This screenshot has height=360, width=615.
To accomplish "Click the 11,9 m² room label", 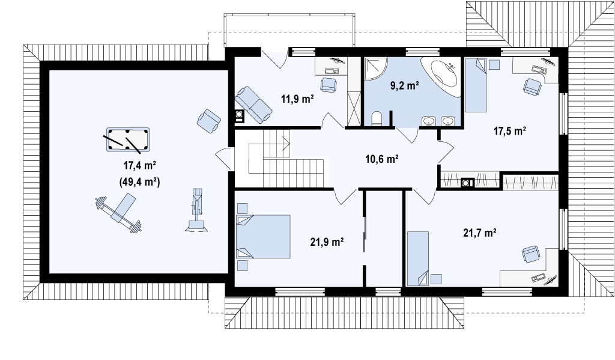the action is pyautogui.click(x=297, y=99).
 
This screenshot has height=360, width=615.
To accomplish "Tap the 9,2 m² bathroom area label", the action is pyautogui.click(x=405, y=85).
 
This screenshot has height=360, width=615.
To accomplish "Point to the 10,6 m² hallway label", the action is pyautogui.click(x=382, y=159).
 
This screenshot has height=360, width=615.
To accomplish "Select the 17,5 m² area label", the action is pyautogui.click(x=509, y=131).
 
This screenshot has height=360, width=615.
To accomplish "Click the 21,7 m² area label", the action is pyautogui.click(x=480, y=233).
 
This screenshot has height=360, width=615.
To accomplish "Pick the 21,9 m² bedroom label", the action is pyautogui.click(x=327, y=242).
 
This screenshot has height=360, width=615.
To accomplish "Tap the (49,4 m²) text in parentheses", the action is pyautogui.click(x=139, y=182).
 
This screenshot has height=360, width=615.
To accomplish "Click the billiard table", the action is pyautogui.click(x=129, y=139).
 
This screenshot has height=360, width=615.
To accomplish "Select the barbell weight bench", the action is pyautogui.click(x=119, y=212).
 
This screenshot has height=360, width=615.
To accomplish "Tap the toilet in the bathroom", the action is pyautogui.click(x=377, y=119).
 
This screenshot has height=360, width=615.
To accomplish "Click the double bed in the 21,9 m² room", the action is pyautogui.click(x=263, y=236).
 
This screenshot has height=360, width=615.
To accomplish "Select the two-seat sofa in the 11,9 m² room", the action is pyautogui.click(x=253, y=105).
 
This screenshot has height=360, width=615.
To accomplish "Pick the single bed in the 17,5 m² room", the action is pyautogui.click(x=476, y=84).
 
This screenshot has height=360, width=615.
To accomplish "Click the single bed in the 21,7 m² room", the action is pyautogui.click(x=418, y=258).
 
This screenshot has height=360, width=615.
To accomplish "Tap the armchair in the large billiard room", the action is pyautogui.click(x=208, y=120).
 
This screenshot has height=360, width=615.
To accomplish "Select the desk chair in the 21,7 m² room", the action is pyautogui.click(x=531, y=254).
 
